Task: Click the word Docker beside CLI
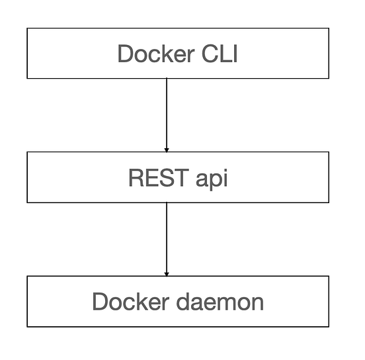click(x=153, y=54)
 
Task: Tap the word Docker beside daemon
click(x=128, y=302)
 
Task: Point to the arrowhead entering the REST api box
click(x=167, y=149)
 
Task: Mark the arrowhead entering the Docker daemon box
click(x=167, y=273)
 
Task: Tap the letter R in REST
click(x=136, y=178)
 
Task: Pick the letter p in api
click(x=213, y=180)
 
